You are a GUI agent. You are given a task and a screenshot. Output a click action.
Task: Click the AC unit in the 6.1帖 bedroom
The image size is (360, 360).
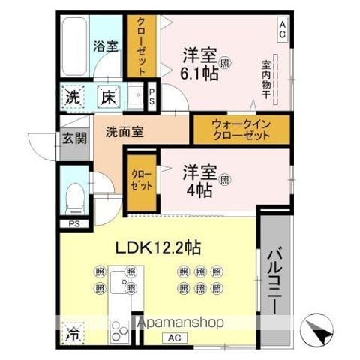[x=283, y=29]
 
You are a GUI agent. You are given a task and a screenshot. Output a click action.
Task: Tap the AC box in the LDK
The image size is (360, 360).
[x=174, y=338]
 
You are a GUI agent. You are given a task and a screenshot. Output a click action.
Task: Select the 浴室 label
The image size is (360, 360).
[x=106, y=46]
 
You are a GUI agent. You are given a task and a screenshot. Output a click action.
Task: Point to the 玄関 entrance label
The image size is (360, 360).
[x=74, y=138]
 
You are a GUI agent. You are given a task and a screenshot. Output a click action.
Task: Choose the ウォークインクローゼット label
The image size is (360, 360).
[x=241, y=130]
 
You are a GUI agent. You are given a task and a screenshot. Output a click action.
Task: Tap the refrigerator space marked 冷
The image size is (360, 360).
[x=73, y=333]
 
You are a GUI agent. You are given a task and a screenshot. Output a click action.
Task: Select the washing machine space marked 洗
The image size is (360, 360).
[x=73, y=97]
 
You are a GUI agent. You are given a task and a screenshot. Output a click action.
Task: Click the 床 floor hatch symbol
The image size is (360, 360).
[x=108, y=97]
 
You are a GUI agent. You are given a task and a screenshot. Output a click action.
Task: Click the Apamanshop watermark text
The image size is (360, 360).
[x=181, y=322]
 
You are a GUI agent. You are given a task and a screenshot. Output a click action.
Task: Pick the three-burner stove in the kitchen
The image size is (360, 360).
[x=119, y=331]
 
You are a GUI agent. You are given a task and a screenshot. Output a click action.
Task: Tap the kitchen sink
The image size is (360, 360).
[x=120, y=281]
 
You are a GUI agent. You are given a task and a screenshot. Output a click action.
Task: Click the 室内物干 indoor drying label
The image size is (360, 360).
[x=266, y=79]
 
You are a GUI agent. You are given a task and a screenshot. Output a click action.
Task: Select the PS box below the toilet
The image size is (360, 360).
[x=74, y=223]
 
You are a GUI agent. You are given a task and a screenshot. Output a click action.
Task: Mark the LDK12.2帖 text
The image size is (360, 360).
[x=158, y=247]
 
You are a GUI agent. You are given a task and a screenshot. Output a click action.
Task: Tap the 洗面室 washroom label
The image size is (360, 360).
[x=124, y=132]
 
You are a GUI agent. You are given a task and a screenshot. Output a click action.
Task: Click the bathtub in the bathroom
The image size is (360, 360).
[x=74, y=46]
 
